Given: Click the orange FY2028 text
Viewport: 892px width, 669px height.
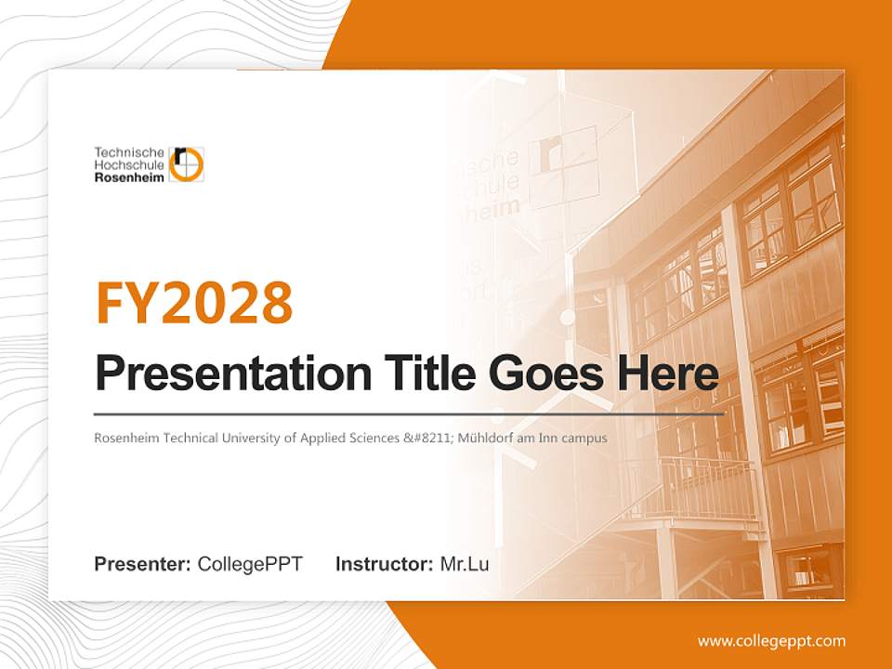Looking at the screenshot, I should click(194, 302).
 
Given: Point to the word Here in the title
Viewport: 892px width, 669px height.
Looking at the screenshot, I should click(668, 374).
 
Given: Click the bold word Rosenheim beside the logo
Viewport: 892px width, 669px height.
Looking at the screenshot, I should click(129, 177).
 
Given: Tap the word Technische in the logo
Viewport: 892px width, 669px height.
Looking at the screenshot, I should click(129, 151).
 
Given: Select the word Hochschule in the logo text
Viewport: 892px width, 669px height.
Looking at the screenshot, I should click(129, 164).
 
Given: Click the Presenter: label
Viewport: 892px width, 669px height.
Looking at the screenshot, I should click(143, 564).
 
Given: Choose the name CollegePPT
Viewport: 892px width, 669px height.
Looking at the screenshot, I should click(250, 564).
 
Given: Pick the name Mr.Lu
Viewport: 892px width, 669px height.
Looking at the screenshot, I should click(465, 564).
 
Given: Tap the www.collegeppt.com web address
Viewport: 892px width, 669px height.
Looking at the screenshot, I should click(771, 640).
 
